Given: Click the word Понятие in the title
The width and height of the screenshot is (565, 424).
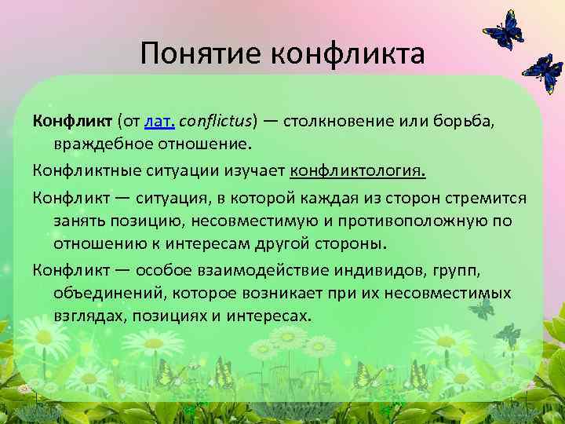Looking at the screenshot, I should pos(201,54).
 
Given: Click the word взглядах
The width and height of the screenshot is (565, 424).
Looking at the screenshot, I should pos(89,316).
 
